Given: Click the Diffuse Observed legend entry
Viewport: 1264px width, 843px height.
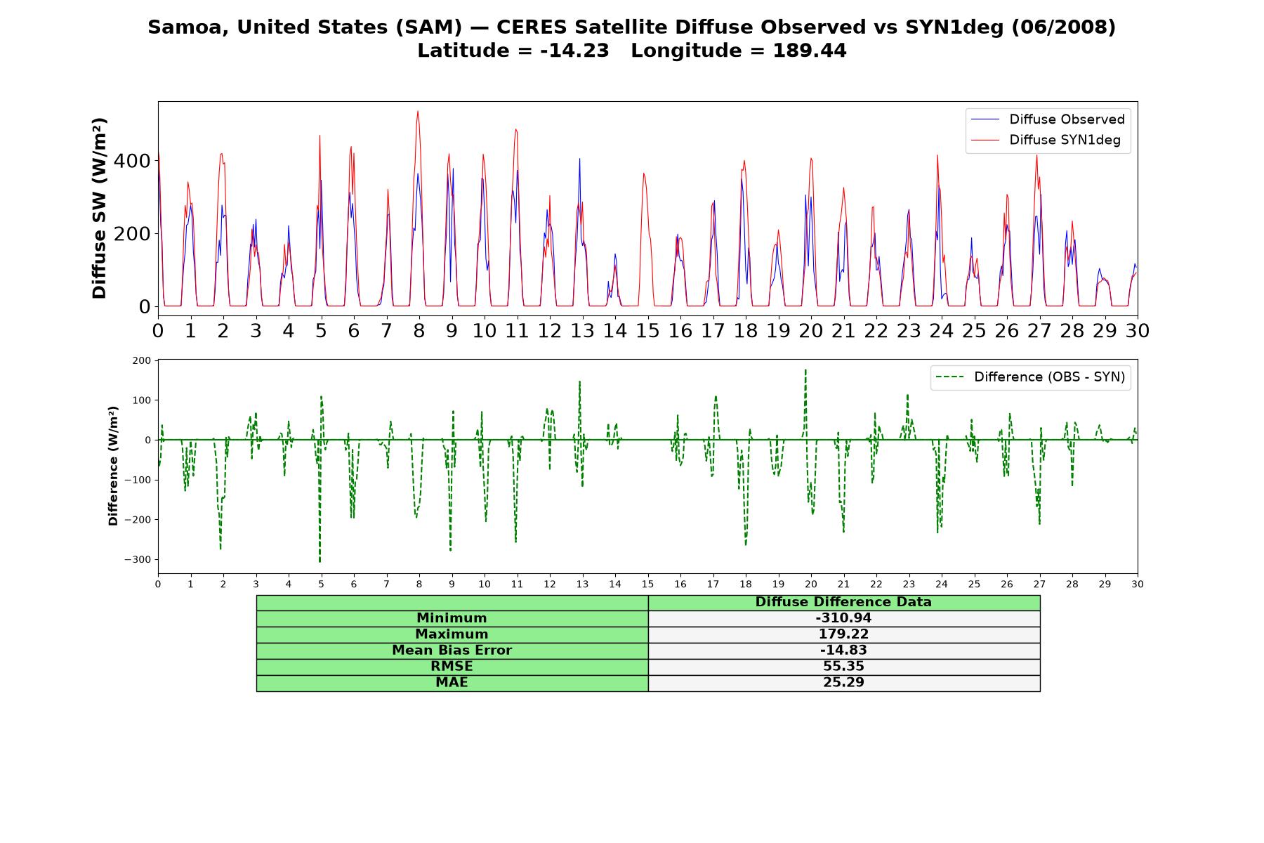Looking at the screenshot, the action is click(x=1048, y=119).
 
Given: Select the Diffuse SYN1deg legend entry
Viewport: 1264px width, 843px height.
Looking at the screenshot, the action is click(x=1046, y=140).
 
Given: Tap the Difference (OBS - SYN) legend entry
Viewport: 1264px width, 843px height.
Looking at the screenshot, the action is click(x=1031, y=377).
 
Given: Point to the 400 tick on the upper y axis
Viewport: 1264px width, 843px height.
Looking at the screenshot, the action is click(x=132, y=161).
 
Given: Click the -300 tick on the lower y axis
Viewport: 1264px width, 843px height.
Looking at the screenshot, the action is click(x=138, y=560).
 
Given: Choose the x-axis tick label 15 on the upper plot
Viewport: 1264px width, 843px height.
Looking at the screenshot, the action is click(x=647, y=330).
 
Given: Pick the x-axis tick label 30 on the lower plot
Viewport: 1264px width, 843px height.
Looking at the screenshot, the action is click(x=1138, y=584).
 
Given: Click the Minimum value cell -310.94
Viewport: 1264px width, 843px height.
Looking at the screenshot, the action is click(x=843, y=618).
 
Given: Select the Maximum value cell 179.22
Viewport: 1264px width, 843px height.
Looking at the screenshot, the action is click(x=843, y=634).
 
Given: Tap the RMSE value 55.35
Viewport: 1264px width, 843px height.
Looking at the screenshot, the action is click(x=843, y=667).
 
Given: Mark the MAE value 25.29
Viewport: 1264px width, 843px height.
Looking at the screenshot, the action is click(x=843, y=683).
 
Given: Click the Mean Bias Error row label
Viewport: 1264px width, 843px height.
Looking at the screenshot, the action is click(x=452, y=651).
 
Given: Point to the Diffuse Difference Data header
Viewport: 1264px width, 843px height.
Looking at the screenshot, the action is click(x=843, y=602).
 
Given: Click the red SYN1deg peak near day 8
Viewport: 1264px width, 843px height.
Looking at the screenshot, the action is click(x=418, y=111).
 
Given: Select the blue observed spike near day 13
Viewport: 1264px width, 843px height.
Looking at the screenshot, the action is click(x=579, y=159).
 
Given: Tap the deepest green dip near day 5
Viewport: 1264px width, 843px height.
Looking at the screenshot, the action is click(x=320, y=561).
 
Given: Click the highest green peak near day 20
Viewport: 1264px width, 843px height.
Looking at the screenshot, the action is click(x=805, y=370).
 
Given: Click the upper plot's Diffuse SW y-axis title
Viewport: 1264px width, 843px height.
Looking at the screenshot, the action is click(x=99, y=209).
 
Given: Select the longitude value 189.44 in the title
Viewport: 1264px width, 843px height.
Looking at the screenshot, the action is click(x=810, y=51).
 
